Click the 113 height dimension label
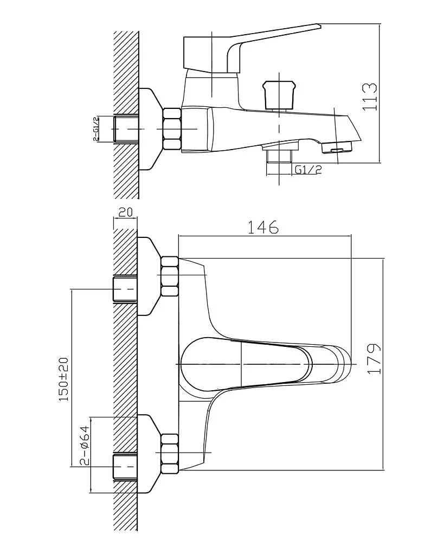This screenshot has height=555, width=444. point(370,96)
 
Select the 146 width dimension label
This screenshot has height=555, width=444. point(263,227)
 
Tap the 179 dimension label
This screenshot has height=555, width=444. point(374,358)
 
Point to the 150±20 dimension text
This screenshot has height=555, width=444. point(64,379)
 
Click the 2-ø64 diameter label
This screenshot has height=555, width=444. point(84,446)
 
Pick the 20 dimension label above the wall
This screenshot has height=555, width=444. point(125,212)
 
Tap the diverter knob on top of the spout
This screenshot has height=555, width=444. point(279,95)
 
